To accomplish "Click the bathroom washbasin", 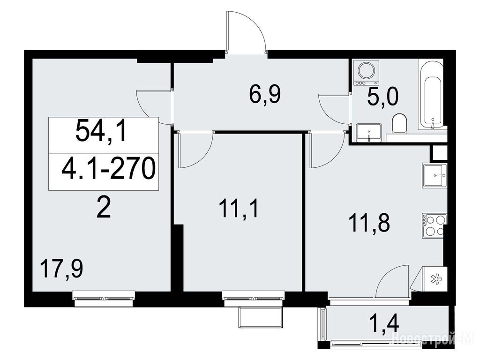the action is pos(369,132).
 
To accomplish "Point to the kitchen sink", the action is pos(435,175).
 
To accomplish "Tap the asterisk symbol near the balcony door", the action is pos(435,279).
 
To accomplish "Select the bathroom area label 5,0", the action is pos(383,97).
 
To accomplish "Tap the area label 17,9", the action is pos(62,269).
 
